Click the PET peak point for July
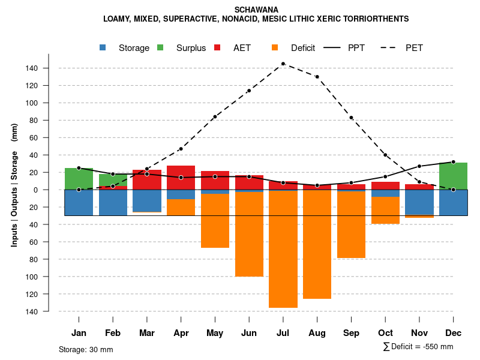(x=283, y=64)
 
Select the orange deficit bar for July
(x=283, y=249)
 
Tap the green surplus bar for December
(x=454, y=176)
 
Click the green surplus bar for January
(x=79, y=179)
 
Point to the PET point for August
(x=317, y=77)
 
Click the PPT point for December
(x=454, y=162)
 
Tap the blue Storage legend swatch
(x=103, y=47)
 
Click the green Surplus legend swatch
(x=160, y=47)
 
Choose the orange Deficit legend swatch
(x=275, y=47)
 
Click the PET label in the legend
(x=414, y=48)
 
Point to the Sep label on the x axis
(x=352, y=333)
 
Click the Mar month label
(x=147, y=333)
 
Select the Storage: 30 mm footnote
(x=86, y=349)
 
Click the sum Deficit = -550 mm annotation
(x=418, y=347)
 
